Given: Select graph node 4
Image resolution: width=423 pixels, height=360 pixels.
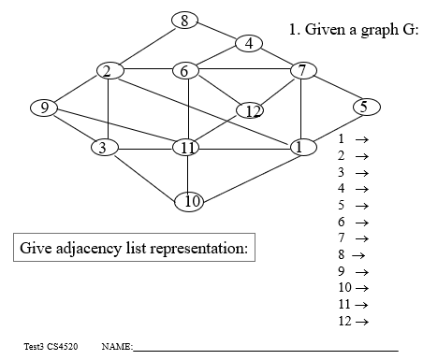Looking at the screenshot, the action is click(x=249, y=43).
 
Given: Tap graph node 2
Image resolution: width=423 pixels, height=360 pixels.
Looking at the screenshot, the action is click(x=109, y=71).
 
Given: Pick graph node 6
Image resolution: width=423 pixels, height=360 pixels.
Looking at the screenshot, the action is click(x=186, y=71).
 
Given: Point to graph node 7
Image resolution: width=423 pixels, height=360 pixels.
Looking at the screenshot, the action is click(x=302, y=70).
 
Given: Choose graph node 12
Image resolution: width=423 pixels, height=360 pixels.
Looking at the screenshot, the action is click(x=251, y=111).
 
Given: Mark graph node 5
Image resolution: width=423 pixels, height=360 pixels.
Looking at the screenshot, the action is click(x=364, y=107).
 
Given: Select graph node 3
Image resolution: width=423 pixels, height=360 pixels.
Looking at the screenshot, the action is click(x=105, y=147).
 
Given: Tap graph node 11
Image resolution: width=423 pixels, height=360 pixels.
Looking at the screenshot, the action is click(x=187, y=147).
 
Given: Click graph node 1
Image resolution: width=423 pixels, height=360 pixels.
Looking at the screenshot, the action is click(x=300, y=146).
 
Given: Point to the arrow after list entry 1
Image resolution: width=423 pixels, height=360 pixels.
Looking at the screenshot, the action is click(x=359, y=138).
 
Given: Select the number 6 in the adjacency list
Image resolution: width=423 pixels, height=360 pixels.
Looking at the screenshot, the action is click(x=342, y=222).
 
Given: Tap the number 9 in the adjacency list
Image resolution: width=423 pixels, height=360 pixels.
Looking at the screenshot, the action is click(x=342, y=271).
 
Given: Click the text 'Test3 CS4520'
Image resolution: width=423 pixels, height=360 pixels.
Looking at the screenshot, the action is click(x=51, y=347).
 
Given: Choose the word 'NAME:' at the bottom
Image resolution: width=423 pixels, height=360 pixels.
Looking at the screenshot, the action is click(x=116, y=347).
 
